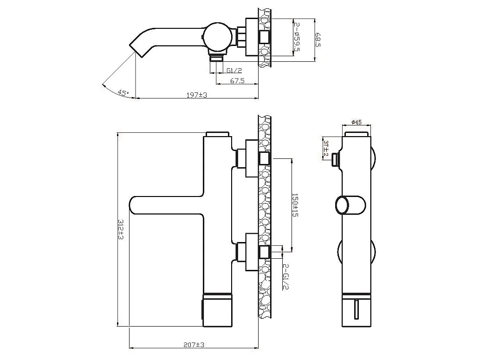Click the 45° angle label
(x=123, y=92)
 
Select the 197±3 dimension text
(x=196, y=95)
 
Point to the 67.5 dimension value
(x=237, y=80)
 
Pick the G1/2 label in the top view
(x=234, y=71)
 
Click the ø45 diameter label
(x=357, y=122)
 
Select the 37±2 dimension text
(x=326, y=148)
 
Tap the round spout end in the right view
(x=344, y=204)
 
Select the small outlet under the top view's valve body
(x=216, y=58)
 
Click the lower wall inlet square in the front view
(x=264, y=252)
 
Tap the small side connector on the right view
(x=336, y=160)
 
